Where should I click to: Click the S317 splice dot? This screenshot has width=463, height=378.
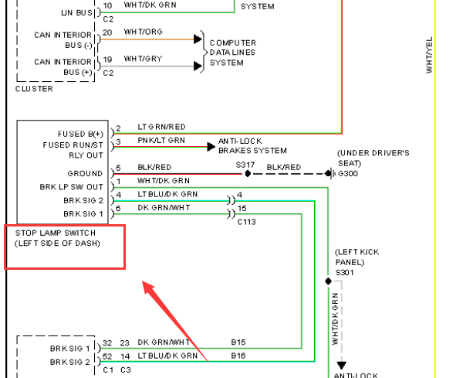248,174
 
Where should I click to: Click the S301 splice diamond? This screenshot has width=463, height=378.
328,281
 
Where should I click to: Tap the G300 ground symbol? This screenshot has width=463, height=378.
330,174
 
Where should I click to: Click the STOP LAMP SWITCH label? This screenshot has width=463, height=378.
56,233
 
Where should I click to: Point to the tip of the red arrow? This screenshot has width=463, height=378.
143,281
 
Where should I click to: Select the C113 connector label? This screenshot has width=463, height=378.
247,222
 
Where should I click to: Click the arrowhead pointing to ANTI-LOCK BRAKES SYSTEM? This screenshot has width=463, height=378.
211,147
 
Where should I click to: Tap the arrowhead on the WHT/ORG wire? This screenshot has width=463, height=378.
198,39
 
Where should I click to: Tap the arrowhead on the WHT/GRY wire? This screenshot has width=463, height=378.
198,66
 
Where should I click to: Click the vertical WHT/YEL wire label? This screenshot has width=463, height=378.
429,55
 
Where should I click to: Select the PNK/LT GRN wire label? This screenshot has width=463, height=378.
161,140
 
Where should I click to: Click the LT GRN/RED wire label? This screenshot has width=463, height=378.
161,127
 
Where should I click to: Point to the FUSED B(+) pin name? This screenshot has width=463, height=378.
80,134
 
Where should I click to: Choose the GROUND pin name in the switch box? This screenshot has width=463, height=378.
85,173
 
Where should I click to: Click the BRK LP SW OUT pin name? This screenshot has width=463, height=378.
72,187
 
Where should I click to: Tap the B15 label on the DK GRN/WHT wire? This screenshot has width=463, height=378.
238,342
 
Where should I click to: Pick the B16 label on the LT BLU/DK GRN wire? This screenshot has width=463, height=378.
238,356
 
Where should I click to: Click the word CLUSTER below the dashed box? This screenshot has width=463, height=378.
34,89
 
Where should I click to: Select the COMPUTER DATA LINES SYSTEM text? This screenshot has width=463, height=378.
233,53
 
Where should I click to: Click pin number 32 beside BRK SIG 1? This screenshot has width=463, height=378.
107,343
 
